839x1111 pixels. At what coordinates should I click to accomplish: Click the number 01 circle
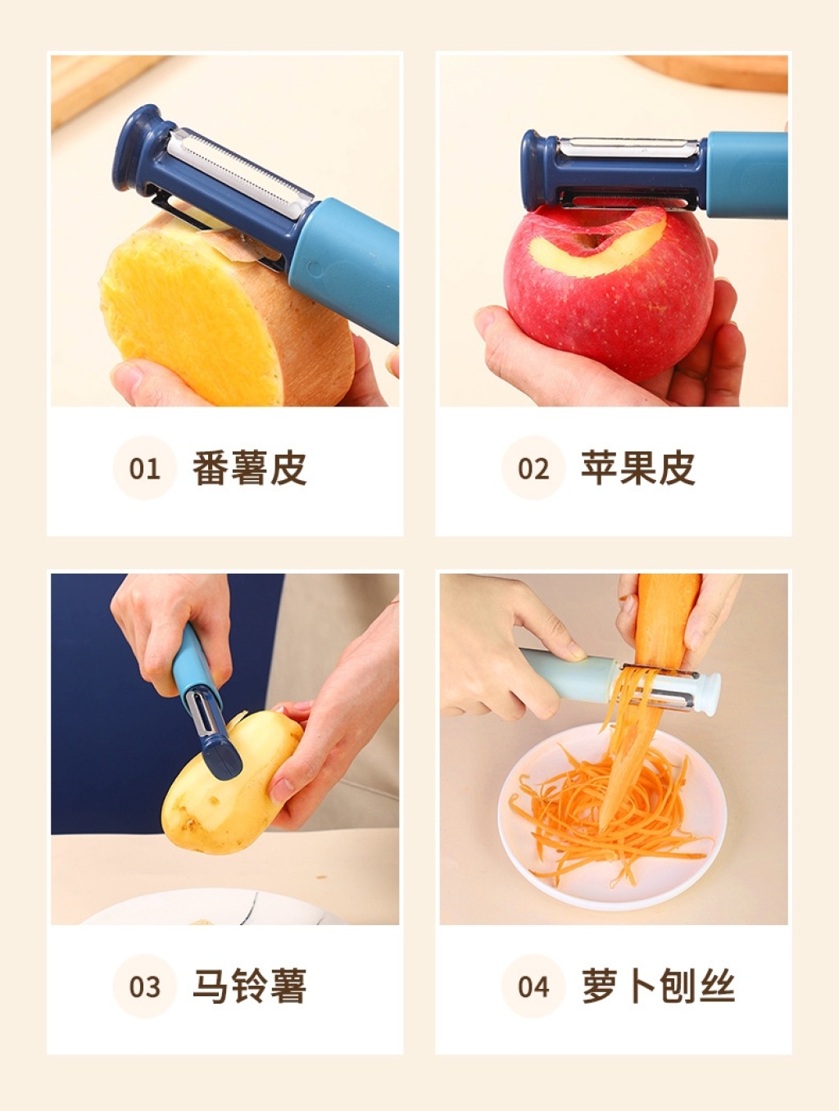145,468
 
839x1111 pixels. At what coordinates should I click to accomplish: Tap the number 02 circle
533,468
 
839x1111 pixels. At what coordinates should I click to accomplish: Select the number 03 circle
145,986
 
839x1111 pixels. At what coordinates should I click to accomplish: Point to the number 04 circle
533,986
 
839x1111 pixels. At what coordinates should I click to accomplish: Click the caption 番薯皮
249,468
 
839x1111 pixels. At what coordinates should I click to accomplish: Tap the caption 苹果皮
638,468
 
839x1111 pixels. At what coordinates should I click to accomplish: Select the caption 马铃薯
249,986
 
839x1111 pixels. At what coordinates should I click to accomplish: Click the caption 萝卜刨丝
658,986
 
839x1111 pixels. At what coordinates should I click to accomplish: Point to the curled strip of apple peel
602,248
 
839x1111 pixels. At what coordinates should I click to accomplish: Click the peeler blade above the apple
628,147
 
